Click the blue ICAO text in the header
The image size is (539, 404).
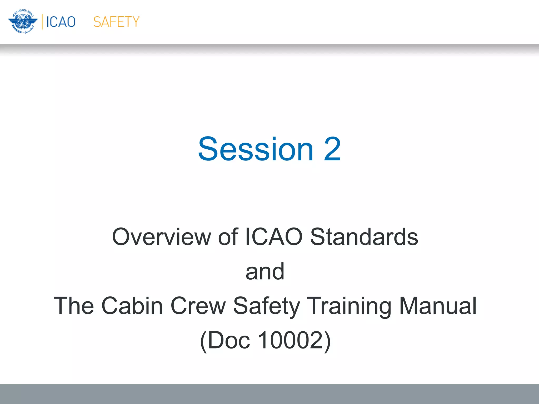[61, 22]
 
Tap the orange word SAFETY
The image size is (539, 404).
[116, 22]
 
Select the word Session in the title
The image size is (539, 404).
[256, 149]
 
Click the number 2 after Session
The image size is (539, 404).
[332, 149]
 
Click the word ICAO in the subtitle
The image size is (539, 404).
[274, 237]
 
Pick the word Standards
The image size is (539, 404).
[364, 237]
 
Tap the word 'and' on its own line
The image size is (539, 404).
[265, 271]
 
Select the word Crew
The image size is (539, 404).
[198, 306]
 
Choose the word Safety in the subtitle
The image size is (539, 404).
[267, 306]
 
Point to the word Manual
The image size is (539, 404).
[438, 306]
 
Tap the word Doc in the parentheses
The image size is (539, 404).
[228, 340]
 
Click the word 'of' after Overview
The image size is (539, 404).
[228, 237]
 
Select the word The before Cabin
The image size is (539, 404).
[74, 306]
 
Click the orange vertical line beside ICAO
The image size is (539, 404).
[42, 22]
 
